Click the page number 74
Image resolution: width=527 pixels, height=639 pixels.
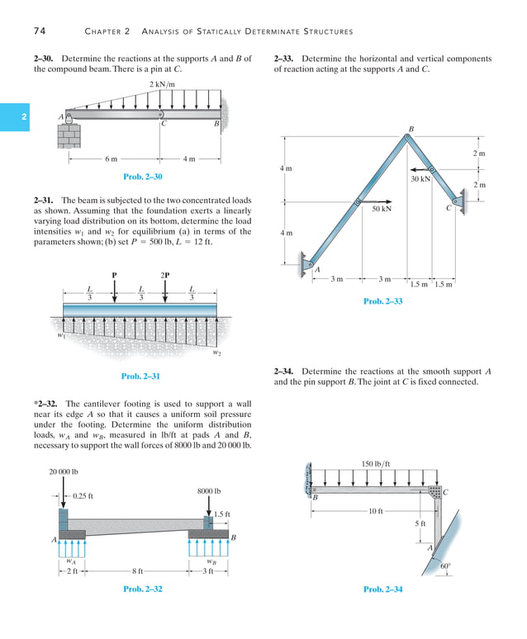point(39,31)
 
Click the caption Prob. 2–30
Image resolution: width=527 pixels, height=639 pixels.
point(142,177)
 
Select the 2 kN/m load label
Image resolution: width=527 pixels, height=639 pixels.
point(162,85)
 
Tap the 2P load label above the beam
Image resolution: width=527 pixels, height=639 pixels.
point(165,275)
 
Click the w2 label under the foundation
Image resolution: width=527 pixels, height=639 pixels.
point(217,353)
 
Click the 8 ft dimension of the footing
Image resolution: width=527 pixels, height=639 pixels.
point(137,570)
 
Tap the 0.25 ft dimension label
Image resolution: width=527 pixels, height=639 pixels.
point(83,496)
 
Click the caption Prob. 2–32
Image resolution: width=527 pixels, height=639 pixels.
point(142,589)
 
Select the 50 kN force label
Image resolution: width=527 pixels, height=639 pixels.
point(382,210)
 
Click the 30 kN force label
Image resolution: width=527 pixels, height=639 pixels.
point(420,178)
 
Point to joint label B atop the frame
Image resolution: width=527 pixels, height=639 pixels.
point(411,128)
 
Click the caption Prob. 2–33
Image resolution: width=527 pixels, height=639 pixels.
point(383,302)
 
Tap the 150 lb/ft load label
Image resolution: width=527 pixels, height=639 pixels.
point(376,463)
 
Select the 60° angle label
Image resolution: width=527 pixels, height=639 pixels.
point(445,566)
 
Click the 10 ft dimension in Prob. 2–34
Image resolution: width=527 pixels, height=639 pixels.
point(375,511)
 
